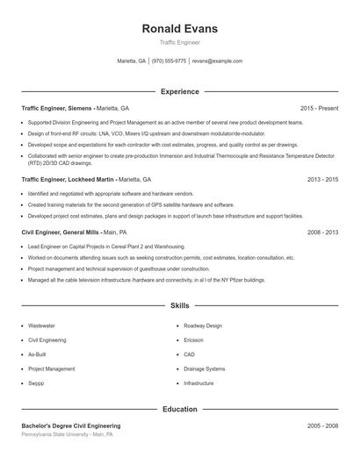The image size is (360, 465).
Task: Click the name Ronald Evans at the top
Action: (x=179, y=29)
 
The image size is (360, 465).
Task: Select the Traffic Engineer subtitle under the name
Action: (x=179, y=42)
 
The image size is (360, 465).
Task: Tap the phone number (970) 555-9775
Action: (x=169, y=61)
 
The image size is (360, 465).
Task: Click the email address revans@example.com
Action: (x=217, y=61)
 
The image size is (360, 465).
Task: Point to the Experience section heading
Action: (x=179, y=91)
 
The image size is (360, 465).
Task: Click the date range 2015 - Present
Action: (x=319, y=108)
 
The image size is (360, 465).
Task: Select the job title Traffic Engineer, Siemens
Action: (x=57, y=108)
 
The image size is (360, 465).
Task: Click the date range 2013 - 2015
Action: (x=322, y=178)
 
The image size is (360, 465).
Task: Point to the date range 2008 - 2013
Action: (x=322, y=232)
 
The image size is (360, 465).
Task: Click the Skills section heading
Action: (x=179, y=306)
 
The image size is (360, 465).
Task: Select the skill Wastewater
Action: (x=41, y=325)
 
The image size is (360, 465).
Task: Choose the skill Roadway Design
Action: (x=203, y=325)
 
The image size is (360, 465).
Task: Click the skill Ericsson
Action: (x=193, y=340)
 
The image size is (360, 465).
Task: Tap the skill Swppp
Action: (x=36, y=383)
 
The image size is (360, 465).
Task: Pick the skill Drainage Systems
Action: (x=205, y=368)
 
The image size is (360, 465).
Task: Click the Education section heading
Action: (x=179, y=409)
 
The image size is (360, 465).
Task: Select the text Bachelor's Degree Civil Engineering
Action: (x=71, y=426)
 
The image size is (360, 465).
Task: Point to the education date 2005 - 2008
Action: (x=322, y=426)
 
